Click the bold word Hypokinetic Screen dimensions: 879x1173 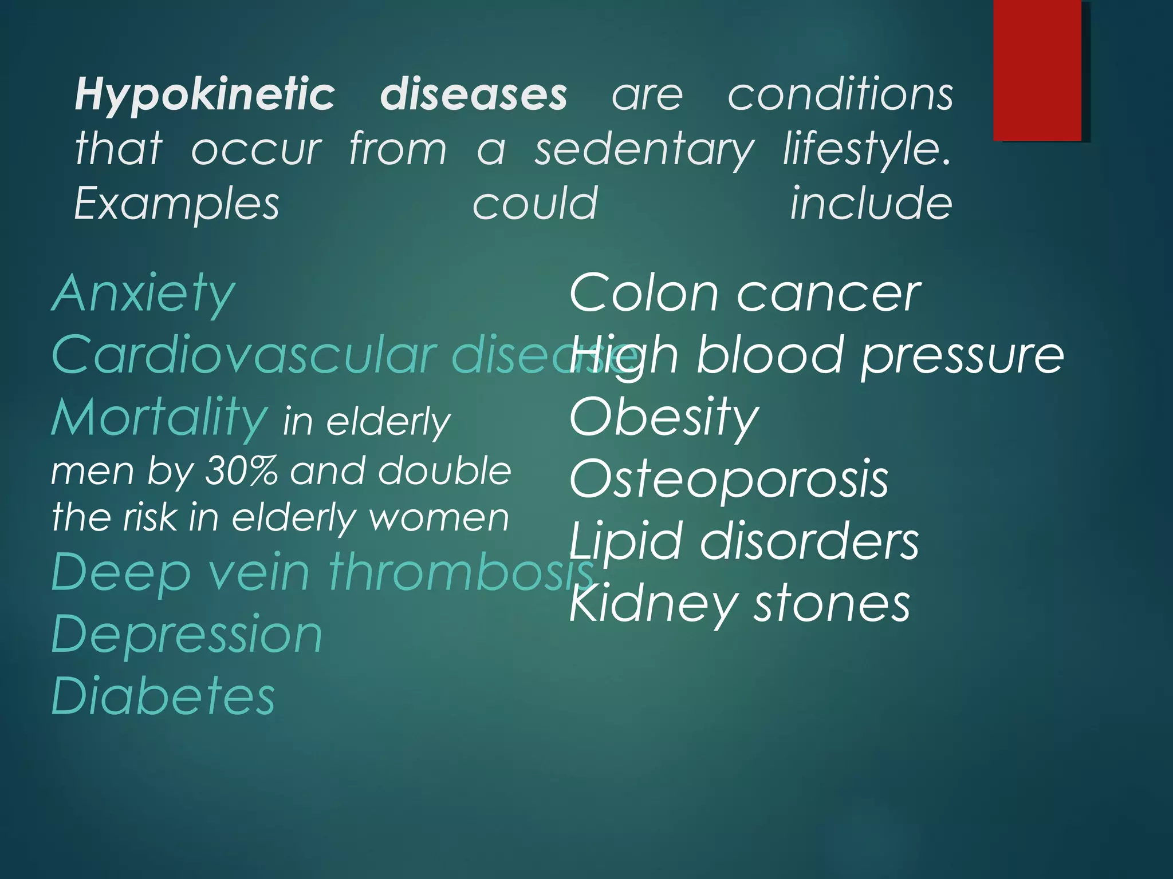[204, 95]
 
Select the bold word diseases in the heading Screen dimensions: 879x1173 [473, 95]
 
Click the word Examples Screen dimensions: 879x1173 [176, 205]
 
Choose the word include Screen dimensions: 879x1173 [871, 204]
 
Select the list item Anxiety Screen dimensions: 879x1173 [143, 294]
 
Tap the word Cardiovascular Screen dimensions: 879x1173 [244, 355]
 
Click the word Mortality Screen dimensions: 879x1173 [159, 418]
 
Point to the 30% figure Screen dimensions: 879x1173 [241, 471]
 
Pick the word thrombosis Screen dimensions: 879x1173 [461, 572]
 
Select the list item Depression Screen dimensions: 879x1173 [187, 635]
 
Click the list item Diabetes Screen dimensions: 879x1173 [163, 696]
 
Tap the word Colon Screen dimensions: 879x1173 [644, 294]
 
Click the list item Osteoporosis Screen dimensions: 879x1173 [729, 479]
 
